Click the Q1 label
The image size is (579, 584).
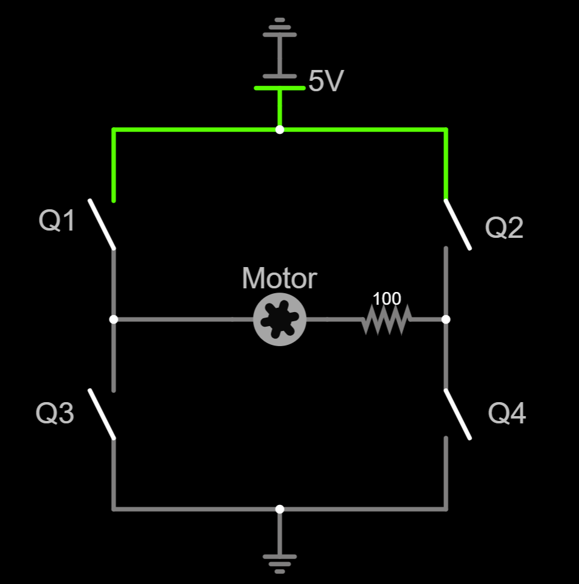pos(57,221)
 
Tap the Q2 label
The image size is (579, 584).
pos(504,228)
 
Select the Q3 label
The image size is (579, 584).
pos(55,414)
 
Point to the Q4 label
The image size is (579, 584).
pos(507,414)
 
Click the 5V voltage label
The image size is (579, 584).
pos(326,82)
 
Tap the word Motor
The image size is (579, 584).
pos(279,279)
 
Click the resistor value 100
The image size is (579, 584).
pos(387,299)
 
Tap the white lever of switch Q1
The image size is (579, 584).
pos(102,224)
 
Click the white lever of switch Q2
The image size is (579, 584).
pos(457,224)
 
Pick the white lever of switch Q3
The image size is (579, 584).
pos(102,414)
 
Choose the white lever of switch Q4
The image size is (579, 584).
pos(457,414)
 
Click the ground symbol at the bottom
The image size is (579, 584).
pos(280,560)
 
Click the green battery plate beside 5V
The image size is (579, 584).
pos(280,88)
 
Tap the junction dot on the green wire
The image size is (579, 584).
pos(280,130)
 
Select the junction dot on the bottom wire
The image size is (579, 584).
pos(280,509)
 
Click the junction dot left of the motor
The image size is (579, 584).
pos(113,319)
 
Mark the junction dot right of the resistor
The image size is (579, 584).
pos(446,319)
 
